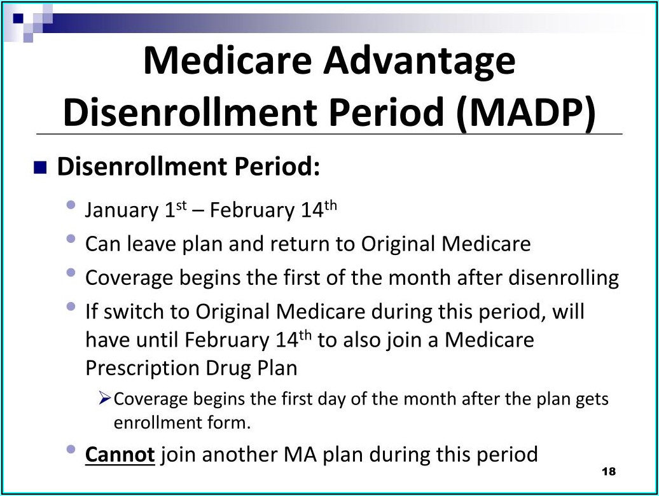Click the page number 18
(609, 471)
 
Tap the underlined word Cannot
(120, 455)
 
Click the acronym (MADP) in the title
(525, 112)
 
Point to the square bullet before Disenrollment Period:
(40, 168)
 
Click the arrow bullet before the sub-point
(105, 397)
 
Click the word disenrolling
(564, 278)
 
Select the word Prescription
(142, 368)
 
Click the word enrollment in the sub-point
(157, 422)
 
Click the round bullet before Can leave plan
(71, 239)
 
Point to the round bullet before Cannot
(71, 450)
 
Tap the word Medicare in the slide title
(227, 61)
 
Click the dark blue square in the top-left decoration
(18, 18)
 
